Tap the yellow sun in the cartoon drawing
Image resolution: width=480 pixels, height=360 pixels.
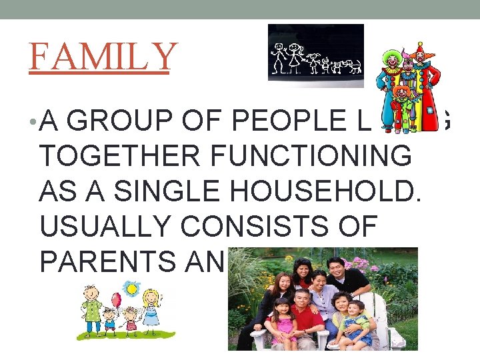point(131,288)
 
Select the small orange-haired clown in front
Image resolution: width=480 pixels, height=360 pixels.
point(402,100)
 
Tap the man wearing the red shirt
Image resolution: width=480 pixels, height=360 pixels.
point(303,313)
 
